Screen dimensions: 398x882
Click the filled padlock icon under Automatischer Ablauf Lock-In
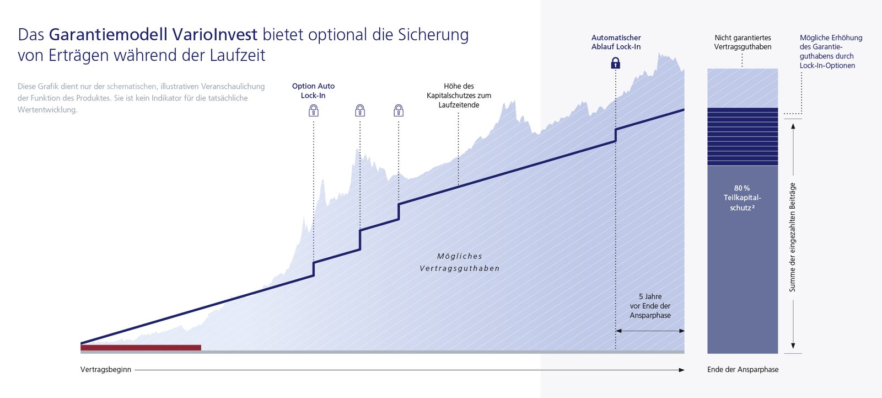616,63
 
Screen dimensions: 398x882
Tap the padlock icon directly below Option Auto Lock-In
314,111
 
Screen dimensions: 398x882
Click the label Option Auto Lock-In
313,91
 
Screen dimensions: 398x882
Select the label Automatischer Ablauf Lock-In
616,43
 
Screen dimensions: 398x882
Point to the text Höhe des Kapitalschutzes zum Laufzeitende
459,95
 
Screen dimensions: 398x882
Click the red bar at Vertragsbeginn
141,348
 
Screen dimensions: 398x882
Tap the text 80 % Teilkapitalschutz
742,198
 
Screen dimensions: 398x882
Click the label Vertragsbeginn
106,370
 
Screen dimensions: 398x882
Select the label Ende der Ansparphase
743,370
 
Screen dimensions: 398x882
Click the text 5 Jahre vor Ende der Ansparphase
650,306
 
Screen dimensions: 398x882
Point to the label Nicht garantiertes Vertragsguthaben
743,43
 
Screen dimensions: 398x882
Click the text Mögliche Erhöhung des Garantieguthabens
831,51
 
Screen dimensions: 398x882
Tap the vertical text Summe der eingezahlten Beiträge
793,237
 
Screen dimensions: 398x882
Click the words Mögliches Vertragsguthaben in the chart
460,262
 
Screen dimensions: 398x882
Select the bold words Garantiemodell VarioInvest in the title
153,35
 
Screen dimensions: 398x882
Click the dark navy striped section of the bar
743,136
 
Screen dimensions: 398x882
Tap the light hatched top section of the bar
743,88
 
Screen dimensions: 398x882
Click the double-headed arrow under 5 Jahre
650,331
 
